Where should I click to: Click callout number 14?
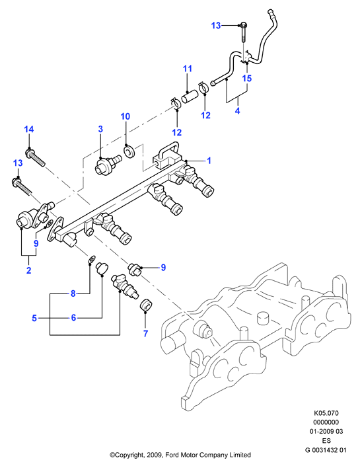click(x=29, y=130)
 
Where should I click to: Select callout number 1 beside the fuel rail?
click(x=209, y=161)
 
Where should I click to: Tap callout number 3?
click(x=100, y=129)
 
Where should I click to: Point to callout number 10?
click(x=126, y=116)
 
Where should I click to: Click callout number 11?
click(x=188, y=69)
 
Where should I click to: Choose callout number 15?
click(x=247, y=78)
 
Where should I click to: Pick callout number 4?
click(x=237, y=111)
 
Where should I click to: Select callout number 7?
click(x=145, y=333)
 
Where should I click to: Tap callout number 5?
click(x=34, y=318)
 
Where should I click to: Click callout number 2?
click(x=28, y=270)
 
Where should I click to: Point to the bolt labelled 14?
click(x=36, y=157)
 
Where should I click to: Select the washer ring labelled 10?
click(x=129, y=151)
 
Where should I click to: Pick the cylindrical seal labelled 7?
click(x=146, y=304)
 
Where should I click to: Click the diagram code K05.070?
click(x=326, y=413)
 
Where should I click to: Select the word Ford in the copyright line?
click(x=172, y=455)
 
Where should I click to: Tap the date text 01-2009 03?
click(x=326, y=431)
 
